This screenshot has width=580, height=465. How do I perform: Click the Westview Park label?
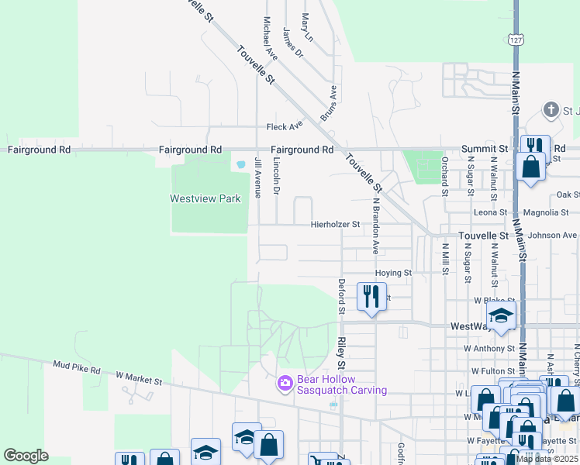(205, 198)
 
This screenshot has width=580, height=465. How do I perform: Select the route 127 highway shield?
(516, 40)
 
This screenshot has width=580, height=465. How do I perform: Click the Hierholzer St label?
(336, 225)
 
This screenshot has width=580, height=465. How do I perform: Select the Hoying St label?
(393, 273)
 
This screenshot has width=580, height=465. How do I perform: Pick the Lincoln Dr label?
(277, 176)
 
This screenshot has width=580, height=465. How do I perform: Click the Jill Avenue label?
(257, 176)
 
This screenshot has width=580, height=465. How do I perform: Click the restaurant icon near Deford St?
(371, 295)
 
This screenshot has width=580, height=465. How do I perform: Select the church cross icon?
(552, 109)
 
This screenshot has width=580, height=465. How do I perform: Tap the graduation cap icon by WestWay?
(501, 315)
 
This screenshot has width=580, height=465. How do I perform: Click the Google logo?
(26, 456)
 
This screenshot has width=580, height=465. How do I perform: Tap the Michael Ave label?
(270, 39)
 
